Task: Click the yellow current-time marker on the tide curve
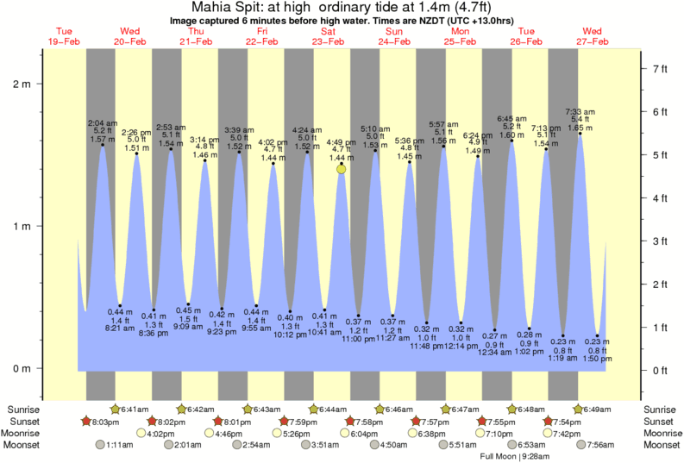(x=342, y=169)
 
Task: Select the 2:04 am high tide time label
(x=102, y=122)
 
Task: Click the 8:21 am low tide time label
(x=120, y=328)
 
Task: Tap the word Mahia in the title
(x=215, y=8)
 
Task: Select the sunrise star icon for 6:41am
(x=115, y=408)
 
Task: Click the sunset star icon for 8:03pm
(x=85, y=421)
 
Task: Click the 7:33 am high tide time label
(x=579, y=111)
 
